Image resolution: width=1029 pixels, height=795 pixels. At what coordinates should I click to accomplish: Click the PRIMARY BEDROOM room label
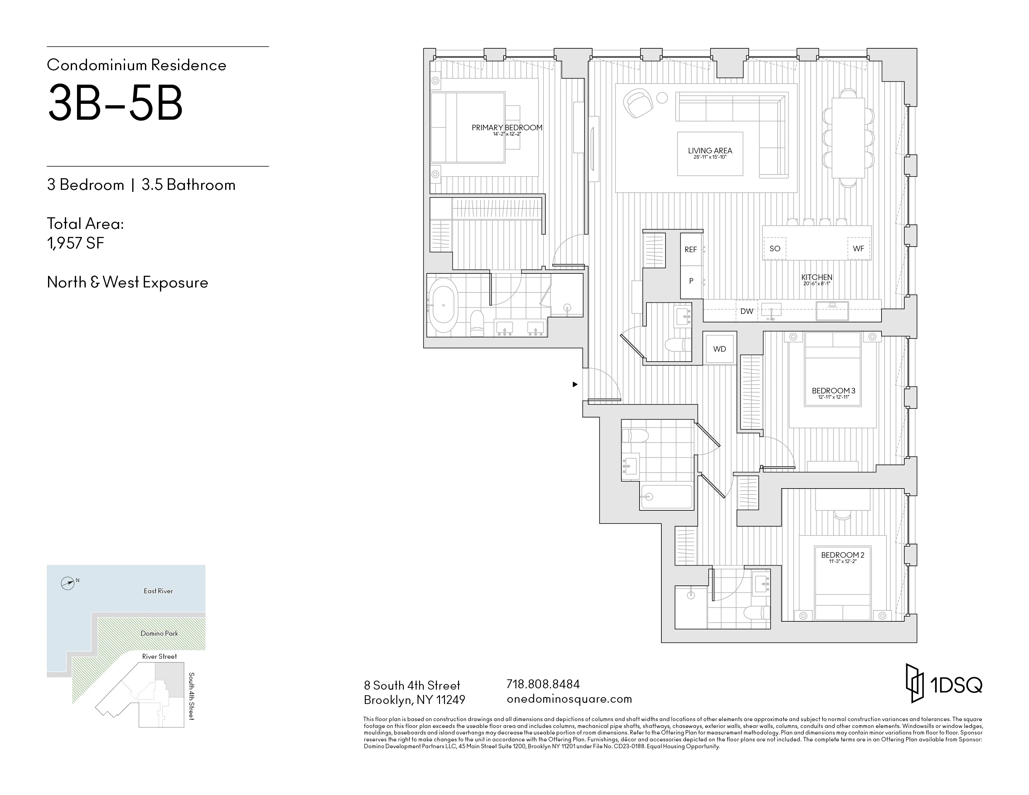click(x=507, y=128)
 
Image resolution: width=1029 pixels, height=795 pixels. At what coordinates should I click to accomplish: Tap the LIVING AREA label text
click(x=710, y=151)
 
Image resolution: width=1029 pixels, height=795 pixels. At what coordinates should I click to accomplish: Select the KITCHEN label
click(x=817, y=277)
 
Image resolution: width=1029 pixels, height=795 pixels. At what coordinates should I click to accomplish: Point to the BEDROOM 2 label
click(x=843, y=555)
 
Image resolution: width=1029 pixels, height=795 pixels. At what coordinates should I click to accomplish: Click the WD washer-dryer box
click(x=719, y=349)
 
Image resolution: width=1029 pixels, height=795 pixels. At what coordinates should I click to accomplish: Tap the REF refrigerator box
click(x=691, y=250)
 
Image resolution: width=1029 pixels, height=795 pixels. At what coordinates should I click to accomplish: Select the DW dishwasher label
click(x=747, y=311)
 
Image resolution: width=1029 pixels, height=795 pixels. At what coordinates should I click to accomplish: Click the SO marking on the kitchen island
click(x=775, y=249)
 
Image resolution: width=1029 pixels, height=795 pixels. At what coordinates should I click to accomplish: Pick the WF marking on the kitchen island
click(x=858, y=249)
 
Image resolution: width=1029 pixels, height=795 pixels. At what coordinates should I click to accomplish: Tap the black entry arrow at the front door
click(x=575, y=384)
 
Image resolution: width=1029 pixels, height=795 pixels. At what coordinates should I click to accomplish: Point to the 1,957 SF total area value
click(x=75, y=243)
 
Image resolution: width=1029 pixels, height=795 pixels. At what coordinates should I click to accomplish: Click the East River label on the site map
click(x=158, y=591)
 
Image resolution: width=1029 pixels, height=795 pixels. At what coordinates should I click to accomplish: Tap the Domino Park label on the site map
click(x=159, y=634)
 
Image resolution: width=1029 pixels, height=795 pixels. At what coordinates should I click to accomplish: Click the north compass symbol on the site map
click(x=68, y=584)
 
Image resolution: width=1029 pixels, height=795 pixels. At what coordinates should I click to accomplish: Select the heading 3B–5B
click(x=115, y=103)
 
